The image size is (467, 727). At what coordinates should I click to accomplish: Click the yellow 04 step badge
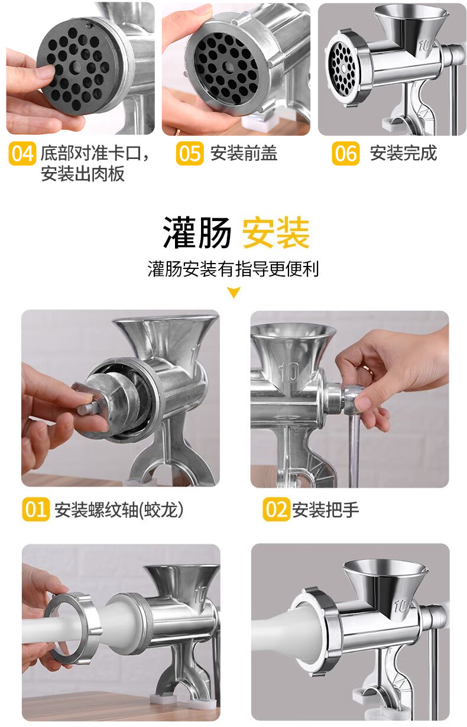22,154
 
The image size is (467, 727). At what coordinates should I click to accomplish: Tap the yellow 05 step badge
190,154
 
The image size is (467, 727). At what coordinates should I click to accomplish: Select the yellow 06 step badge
346,154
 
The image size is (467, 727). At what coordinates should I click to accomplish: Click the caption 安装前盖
244,153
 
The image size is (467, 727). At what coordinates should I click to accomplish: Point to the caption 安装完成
403,153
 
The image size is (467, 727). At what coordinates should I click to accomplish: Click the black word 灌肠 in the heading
197,233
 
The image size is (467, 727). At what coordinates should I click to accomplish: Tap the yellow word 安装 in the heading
276,233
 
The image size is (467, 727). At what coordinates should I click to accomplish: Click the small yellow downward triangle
234,292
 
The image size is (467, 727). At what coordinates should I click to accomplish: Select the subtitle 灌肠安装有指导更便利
234,269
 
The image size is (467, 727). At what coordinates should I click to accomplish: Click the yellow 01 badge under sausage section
35,509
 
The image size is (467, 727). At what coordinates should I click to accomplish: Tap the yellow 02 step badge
276,509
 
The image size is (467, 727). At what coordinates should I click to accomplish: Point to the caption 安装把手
326,509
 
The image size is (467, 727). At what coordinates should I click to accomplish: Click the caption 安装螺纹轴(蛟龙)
119,509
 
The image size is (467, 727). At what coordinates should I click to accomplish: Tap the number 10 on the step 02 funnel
289,372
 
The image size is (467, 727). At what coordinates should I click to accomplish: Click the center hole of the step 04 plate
77,67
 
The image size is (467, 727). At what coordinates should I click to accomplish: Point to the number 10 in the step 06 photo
424,46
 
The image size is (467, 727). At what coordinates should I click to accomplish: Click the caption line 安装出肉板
83,174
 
